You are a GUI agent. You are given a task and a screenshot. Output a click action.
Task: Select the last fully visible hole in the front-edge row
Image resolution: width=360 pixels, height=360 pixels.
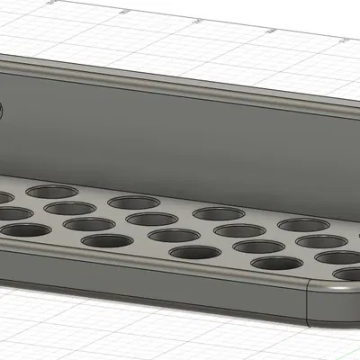tap(276, 265)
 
